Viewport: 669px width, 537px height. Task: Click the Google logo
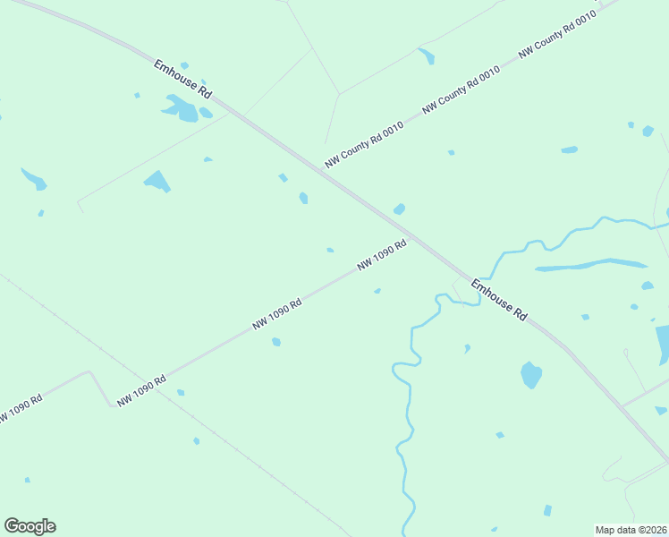30,526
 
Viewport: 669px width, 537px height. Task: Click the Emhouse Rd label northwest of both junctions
182,80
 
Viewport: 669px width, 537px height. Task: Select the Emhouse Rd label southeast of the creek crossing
498,303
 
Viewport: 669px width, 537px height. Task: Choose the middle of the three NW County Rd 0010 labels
461,91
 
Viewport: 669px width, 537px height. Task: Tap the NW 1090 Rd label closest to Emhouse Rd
382,255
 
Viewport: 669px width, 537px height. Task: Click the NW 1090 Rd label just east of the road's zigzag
141,391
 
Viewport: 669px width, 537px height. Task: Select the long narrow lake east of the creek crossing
591,265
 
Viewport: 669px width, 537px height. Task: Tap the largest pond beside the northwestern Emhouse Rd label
182,110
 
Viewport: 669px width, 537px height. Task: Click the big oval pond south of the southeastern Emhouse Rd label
531,374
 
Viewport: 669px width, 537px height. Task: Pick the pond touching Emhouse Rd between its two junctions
399,209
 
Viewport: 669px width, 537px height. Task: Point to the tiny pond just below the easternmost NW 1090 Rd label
377,291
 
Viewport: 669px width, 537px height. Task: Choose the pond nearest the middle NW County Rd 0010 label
451,152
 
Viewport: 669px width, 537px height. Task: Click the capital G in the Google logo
12,526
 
